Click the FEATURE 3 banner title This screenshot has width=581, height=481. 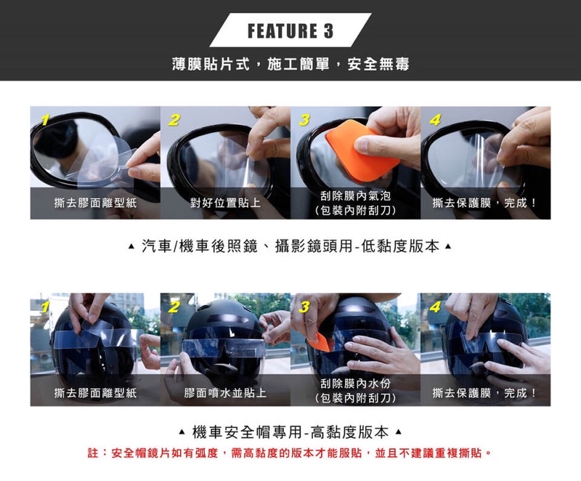tap(290, 31)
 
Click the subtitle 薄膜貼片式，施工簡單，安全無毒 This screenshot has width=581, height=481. tap(290, 65)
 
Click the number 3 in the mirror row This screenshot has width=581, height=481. tap(304, 119)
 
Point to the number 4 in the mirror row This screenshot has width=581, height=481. tap(434, 119)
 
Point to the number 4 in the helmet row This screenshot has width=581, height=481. tap(434, 306)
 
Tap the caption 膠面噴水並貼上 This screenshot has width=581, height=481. tap(225, 393)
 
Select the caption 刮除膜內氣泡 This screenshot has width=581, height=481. tap(355, 196)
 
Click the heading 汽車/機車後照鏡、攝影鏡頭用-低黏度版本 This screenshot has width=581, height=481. tap(290, 246)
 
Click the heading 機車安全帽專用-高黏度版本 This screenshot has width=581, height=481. tap(290, 433)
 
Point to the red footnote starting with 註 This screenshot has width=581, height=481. tap(290, 453)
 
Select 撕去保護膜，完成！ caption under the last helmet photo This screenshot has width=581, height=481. tap(484, 393)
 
